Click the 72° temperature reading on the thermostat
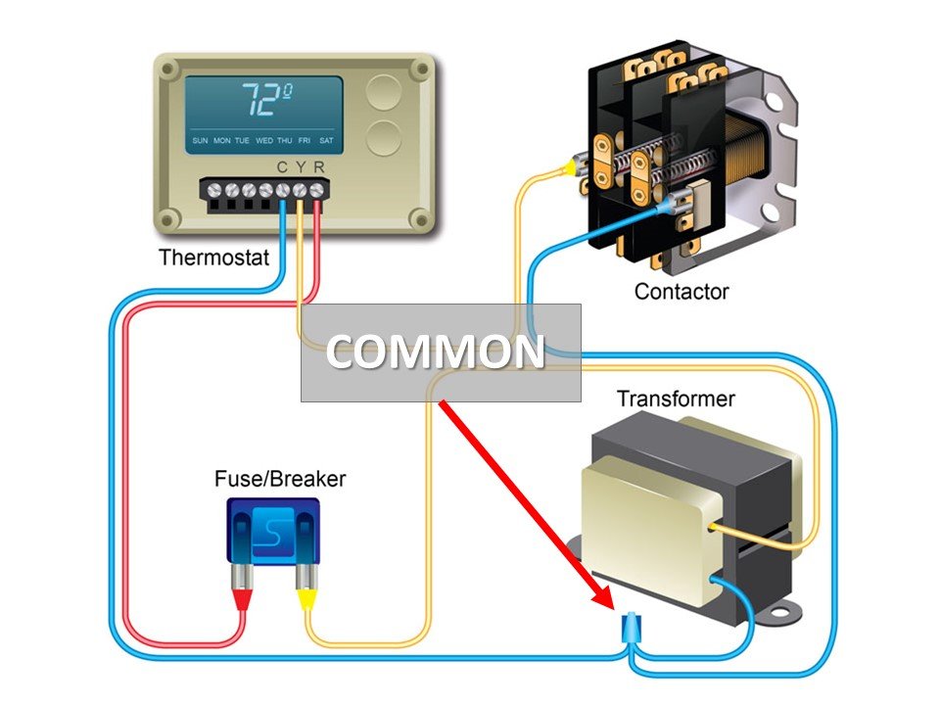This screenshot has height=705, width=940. click(267, 100)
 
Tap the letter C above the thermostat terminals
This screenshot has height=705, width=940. click(282, 167)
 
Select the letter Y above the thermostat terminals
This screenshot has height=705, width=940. click(301, 167)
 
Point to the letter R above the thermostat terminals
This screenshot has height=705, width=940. click(319, 167)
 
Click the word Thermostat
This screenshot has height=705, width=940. click(214, 258)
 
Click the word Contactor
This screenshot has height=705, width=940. click(681, 292)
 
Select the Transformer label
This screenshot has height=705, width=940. click(676, 399)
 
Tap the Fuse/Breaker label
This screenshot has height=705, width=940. click(280, 479)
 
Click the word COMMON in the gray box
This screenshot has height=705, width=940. click(435, 352)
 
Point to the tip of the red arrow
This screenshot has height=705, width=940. click(614, 609)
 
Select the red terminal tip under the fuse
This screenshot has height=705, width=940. click(242, 599)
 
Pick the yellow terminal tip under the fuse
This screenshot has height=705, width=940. click(306, 599)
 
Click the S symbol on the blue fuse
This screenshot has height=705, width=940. click(273, 530)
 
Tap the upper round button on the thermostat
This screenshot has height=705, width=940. click(384, 92)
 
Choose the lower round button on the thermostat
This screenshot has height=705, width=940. click(384, 138)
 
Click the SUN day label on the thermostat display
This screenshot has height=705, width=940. click(200, 140)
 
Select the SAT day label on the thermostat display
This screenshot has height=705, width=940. click(326, 140)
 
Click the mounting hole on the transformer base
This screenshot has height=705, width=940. click(779, 613)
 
